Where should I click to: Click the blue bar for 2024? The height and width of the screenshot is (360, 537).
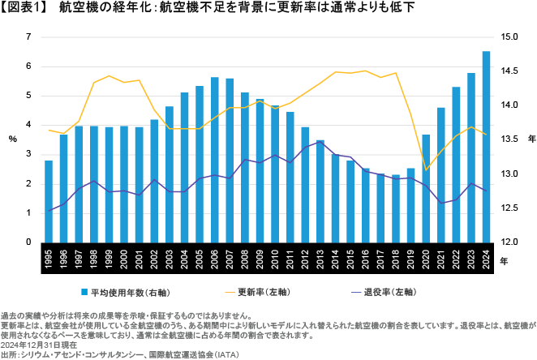click(x=486, y=146)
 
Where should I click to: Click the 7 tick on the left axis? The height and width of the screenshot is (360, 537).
click(x=28, y=37)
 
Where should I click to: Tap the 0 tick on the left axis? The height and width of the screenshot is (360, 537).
click(x=28, y=242)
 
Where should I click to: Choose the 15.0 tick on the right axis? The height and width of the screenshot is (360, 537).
click(x=509, y=37)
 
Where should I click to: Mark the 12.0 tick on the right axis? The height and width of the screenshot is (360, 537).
click(x=509, y=242)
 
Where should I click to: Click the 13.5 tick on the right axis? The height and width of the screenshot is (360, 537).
click(x=509, y=139)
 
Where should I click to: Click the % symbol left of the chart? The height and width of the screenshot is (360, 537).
click(x=13, y=139)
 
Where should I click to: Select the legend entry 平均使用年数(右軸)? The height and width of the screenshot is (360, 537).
click(x=131, y=290)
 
